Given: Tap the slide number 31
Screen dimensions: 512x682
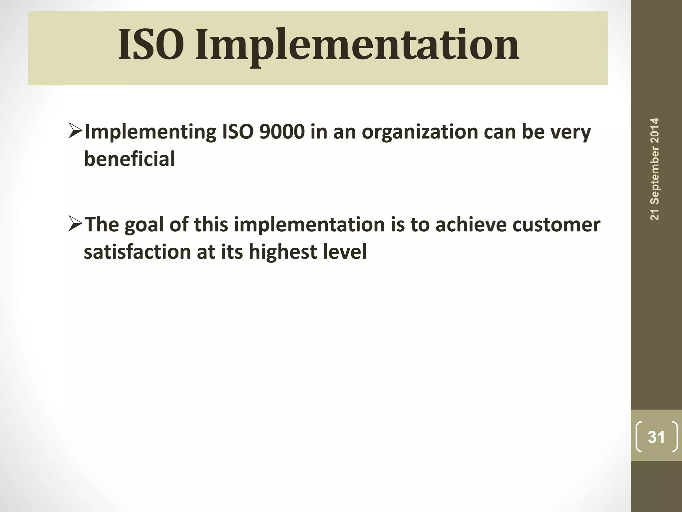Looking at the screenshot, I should click(x=656, y=437).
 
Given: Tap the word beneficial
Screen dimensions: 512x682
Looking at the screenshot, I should click(x=129, y=159).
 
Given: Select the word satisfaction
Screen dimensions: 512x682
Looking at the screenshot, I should click(x=137, y=252).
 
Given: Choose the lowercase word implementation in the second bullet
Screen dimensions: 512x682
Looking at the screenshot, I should click(x=309, y=225).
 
